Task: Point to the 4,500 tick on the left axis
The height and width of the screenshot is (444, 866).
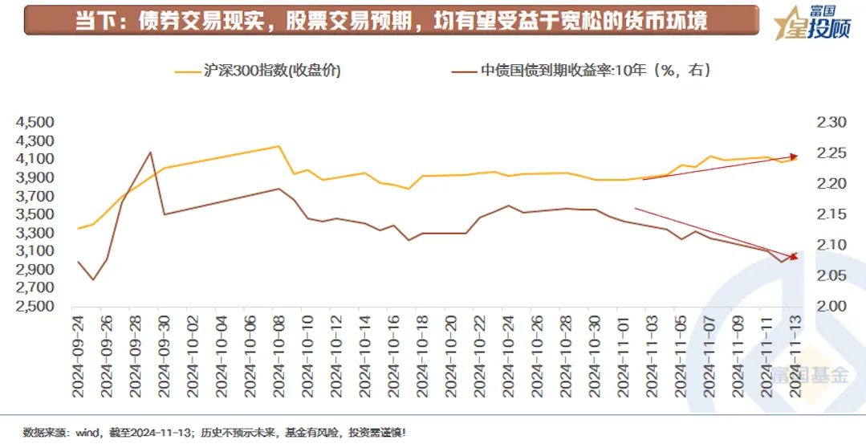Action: point(34,123)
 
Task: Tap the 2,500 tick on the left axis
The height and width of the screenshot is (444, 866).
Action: point(34,307)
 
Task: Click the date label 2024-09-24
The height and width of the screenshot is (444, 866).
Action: point(78,353)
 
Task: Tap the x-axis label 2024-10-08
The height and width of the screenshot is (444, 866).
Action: point(279,353)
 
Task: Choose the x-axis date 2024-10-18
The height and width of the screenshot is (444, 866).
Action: point(422,353)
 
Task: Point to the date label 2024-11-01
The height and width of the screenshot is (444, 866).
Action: point(623,353)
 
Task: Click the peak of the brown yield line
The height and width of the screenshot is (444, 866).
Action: point(150,153)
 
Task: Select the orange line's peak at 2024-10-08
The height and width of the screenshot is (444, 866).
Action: point(279,146)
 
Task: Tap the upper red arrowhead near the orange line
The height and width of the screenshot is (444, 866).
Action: point(795,156)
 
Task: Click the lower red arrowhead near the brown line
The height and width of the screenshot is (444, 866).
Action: point(794,256)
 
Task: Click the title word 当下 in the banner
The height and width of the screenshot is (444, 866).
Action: point(91,21)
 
